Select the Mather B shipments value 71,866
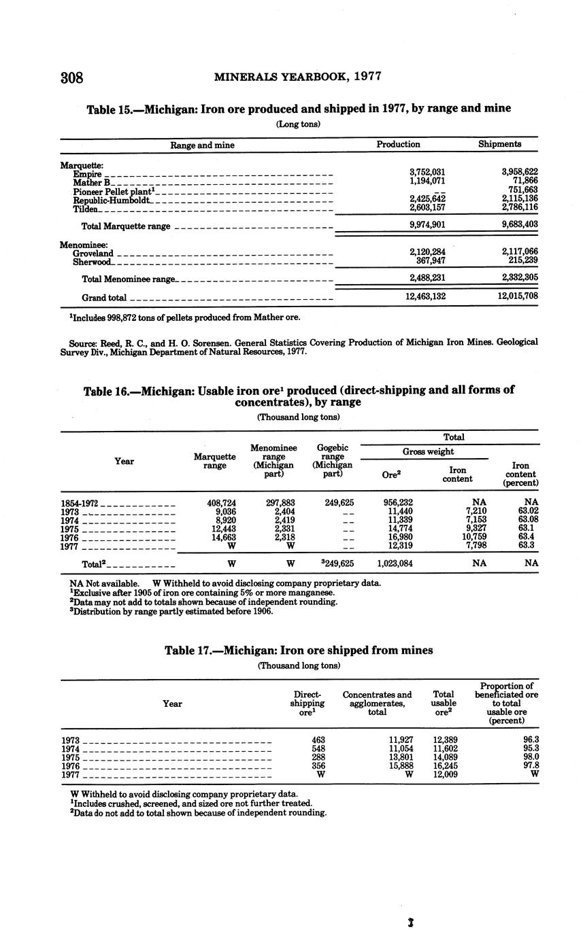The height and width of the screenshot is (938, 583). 522,181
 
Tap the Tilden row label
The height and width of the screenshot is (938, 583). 86,209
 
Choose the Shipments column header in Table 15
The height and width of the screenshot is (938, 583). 499,144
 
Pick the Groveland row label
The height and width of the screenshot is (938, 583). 93,253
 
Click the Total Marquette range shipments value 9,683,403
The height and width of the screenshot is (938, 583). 518,224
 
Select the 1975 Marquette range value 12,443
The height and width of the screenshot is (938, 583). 222,529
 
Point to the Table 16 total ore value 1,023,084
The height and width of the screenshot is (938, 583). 395,563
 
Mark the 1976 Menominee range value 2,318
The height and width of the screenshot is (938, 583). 282,537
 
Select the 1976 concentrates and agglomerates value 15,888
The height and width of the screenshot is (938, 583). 397,765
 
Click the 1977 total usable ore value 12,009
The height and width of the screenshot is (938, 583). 446,774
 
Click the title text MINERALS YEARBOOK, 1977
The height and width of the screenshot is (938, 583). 297,77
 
